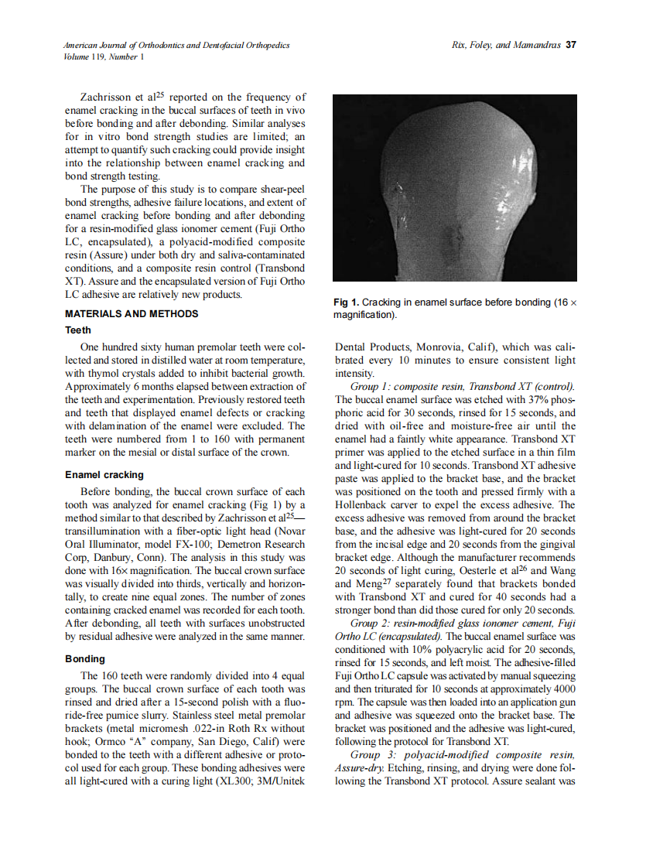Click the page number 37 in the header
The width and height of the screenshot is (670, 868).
(571, 46)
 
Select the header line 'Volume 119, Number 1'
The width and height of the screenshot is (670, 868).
(103, 56)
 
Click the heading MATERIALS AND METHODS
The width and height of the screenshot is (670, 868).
(132, 313)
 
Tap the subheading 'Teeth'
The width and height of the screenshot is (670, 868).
(77, 330)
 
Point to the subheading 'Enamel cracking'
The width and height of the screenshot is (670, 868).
(104, 474)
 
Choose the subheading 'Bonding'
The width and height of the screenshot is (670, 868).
(85, 658)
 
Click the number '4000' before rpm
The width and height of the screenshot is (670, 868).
(559, 689)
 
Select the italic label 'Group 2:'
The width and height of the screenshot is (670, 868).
(372, 623)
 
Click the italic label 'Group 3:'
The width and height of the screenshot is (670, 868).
(372, 754)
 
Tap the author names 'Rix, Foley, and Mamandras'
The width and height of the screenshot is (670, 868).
(506, 46)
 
